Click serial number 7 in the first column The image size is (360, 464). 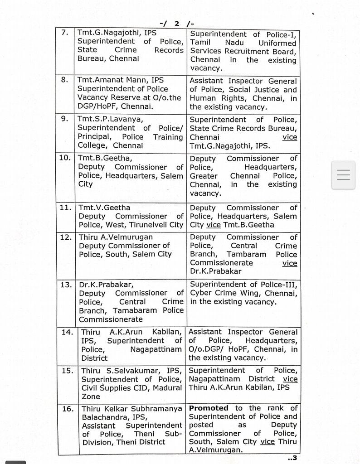[x=65, y=33]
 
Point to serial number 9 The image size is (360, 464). [x=65, y=119]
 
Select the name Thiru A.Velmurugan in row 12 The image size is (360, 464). [x=116, y=237]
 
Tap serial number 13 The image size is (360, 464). [x=66, y=285]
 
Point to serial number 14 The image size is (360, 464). [x=67, y=332]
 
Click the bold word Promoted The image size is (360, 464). [x=209, y=408]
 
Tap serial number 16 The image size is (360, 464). [x=68, y=408]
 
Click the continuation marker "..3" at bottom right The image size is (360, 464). [x=292, y=458]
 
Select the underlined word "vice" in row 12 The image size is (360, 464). [x=290, y=263]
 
